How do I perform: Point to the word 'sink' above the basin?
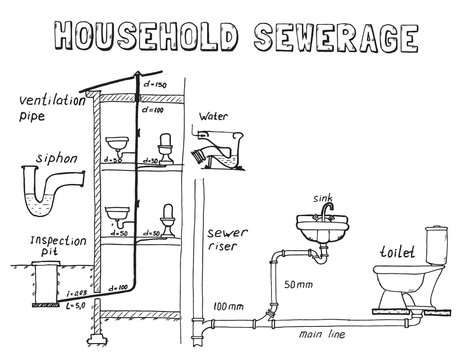pyautogui.click(x=323, y=198)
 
